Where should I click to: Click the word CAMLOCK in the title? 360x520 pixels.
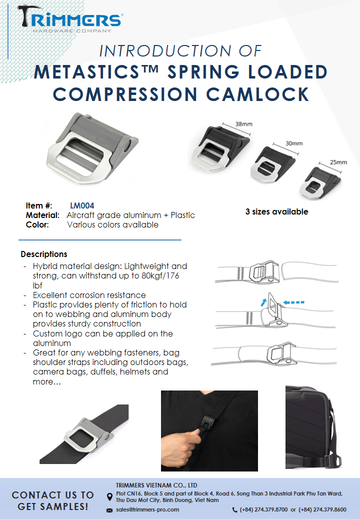point(258,94)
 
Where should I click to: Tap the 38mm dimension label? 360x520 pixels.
point(243,124)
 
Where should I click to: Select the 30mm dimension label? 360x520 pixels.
point(294,143)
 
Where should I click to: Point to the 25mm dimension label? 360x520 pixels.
point(338,162)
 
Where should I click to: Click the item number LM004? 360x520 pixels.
point(82,205)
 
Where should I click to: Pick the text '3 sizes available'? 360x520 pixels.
point(277,211)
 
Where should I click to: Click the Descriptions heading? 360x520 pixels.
point(44,254)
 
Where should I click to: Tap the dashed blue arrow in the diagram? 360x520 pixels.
point(293,302)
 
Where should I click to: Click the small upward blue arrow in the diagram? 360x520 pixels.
point(263,302)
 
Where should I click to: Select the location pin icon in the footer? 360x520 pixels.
point(109,497)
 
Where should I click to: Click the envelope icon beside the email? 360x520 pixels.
point(109,510)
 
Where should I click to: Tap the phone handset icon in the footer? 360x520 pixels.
point(234,509)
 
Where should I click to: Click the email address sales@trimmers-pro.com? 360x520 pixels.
point(147,509)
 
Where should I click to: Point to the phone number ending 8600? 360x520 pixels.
point(322,509)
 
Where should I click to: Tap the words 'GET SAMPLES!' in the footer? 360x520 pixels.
point(53,506)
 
